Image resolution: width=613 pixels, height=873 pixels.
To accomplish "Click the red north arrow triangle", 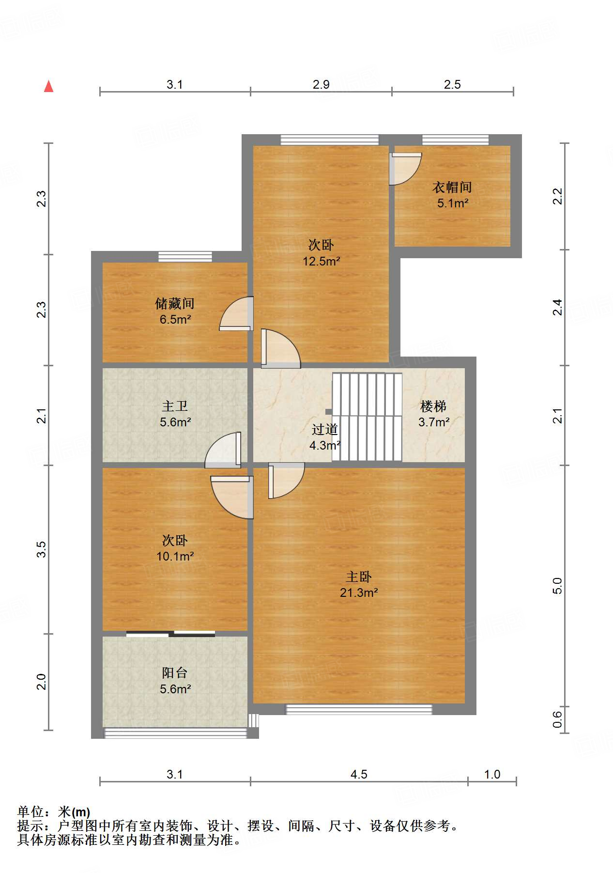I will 48,86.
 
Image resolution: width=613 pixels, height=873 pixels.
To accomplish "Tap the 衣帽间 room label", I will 452,187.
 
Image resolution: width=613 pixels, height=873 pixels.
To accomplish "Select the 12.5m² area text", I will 321,262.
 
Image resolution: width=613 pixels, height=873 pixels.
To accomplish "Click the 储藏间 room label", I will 175,304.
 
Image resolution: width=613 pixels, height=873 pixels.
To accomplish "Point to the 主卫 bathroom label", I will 175,406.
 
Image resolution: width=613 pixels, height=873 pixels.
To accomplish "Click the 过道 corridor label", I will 324,429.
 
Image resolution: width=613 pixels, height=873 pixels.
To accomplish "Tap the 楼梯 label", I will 433,406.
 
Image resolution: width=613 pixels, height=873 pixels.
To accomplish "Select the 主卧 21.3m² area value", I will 358,592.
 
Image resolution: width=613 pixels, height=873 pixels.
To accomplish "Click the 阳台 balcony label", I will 174,673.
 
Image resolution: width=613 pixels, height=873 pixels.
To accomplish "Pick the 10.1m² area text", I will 175,557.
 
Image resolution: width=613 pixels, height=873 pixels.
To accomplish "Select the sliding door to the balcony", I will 170,633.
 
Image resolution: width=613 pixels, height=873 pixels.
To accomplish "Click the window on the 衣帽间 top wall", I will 455,140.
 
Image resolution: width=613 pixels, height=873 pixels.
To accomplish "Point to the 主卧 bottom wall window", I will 358,709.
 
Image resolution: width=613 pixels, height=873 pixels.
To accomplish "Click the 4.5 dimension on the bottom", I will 359,774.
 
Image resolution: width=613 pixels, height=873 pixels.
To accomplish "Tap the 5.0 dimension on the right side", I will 558,586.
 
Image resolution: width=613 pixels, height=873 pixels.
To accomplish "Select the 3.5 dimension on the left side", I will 42,549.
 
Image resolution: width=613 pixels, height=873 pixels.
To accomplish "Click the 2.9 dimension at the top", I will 321,85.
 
